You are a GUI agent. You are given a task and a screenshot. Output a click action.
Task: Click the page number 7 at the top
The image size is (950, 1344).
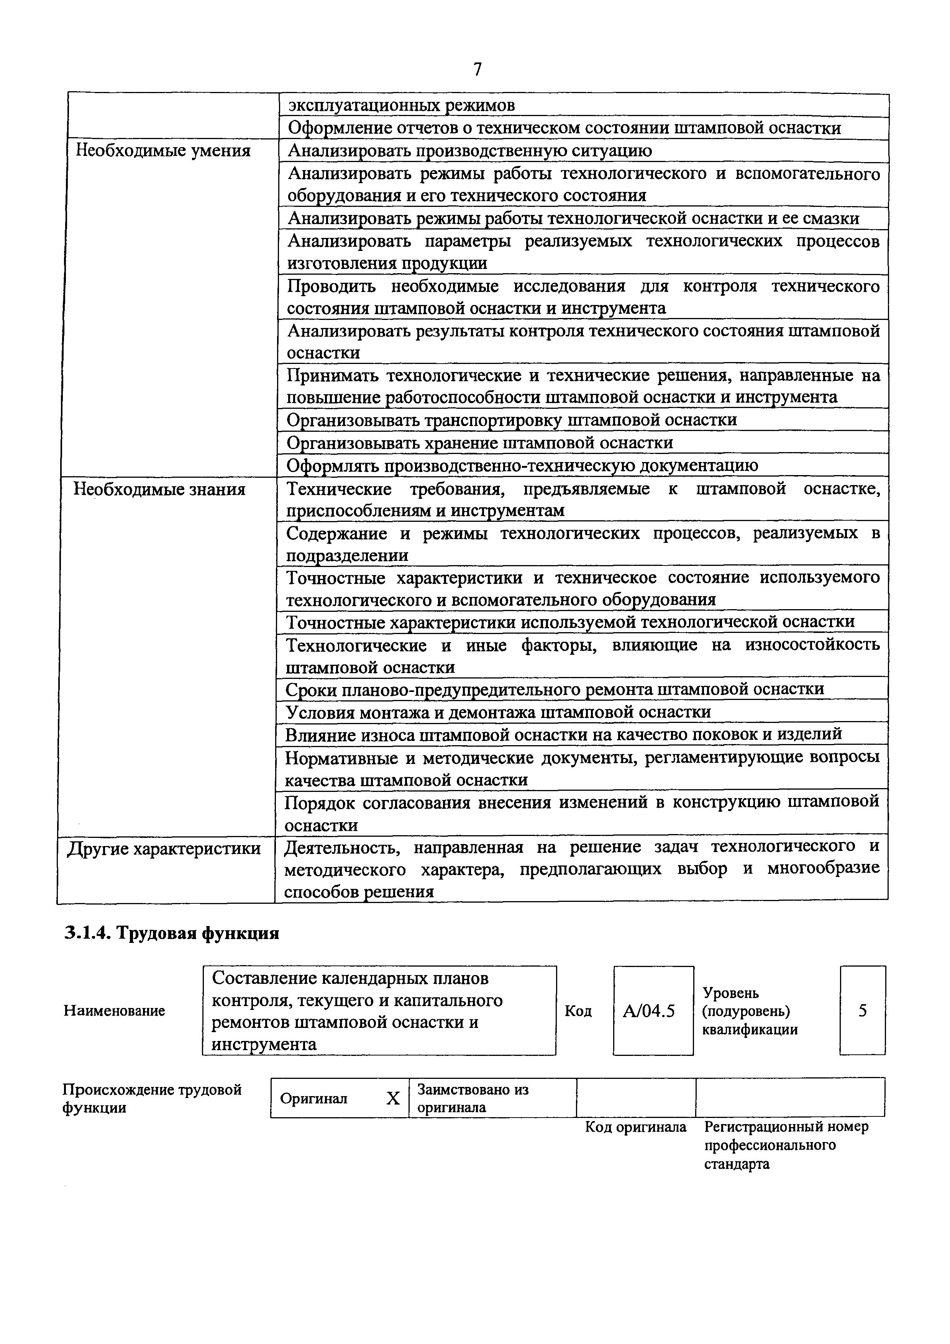pyautogui.click(x=477, y=70)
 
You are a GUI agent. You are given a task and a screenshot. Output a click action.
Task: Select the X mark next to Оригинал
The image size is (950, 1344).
pyautogui.click(x=393, y=1099)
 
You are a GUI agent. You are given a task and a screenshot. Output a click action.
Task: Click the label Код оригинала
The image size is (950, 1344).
pyautogui.click(x=636, y=1127)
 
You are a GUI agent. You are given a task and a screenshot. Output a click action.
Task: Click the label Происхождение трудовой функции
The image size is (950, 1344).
pyautogui.click(x=152, y=1099)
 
